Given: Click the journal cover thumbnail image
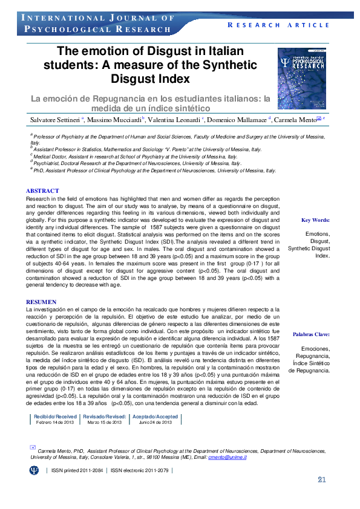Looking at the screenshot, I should coord(306,76).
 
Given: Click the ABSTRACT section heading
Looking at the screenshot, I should coord(42,191).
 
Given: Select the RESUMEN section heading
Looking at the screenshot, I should coord(42,302).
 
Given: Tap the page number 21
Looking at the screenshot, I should coord(322,480).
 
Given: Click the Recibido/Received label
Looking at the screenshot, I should coord(55,417).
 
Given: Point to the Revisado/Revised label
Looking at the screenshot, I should coord(104,417).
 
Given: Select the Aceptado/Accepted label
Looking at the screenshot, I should coord(155,417).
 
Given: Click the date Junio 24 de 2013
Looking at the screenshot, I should coord(155,423).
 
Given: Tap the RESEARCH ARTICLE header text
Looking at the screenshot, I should coord(279,25).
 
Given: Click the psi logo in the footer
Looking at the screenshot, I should coord(34,469).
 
